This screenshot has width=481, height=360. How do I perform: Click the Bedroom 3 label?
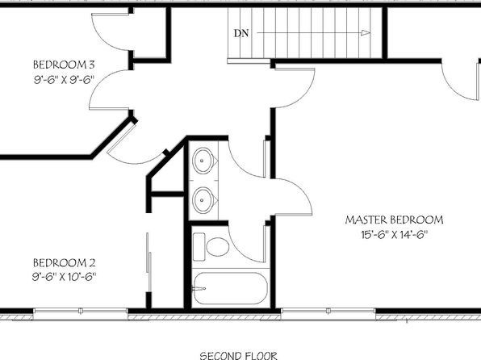tap(64, 65)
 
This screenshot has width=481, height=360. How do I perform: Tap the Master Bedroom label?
tap(394, 220)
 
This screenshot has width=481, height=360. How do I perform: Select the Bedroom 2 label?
tap(64, 263)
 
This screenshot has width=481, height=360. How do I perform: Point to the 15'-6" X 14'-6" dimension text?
tap(394, 235)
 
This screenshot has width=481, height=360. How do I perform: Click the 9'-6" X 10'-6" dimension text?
tap(64, 277)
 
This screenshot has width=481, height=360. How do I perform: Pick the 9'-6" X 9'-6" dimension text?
tap(64, 80)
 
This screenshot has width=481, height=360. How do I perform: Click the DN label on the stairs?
tap(241, 33)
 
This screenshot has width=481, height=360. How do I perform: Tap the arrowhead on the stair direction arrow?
tap(366, 33)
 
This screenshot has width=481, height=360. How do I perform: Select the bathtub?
tap(230, 288)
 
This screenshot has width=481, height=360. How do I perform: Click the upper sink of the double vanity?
tap(203, 161)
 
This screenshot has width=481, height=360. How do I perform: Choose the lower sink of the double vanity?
tap(203, 200)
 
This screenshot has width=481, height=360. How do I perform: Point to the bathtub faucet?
tap(199, 288)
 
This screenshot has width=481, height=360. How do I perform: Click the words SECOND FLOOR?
tap(239, 356)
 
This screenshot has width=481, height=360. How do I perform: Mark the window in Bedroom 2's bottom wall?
tap(80, 311)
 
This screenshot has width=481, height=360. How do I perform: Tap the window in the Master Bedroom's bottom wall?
tap(328, 311)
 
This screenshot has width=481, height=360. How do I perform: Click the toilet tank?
tap(199, 247)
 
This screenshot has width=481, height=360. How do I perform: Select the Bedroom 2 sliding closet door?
tap(148, 262)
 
